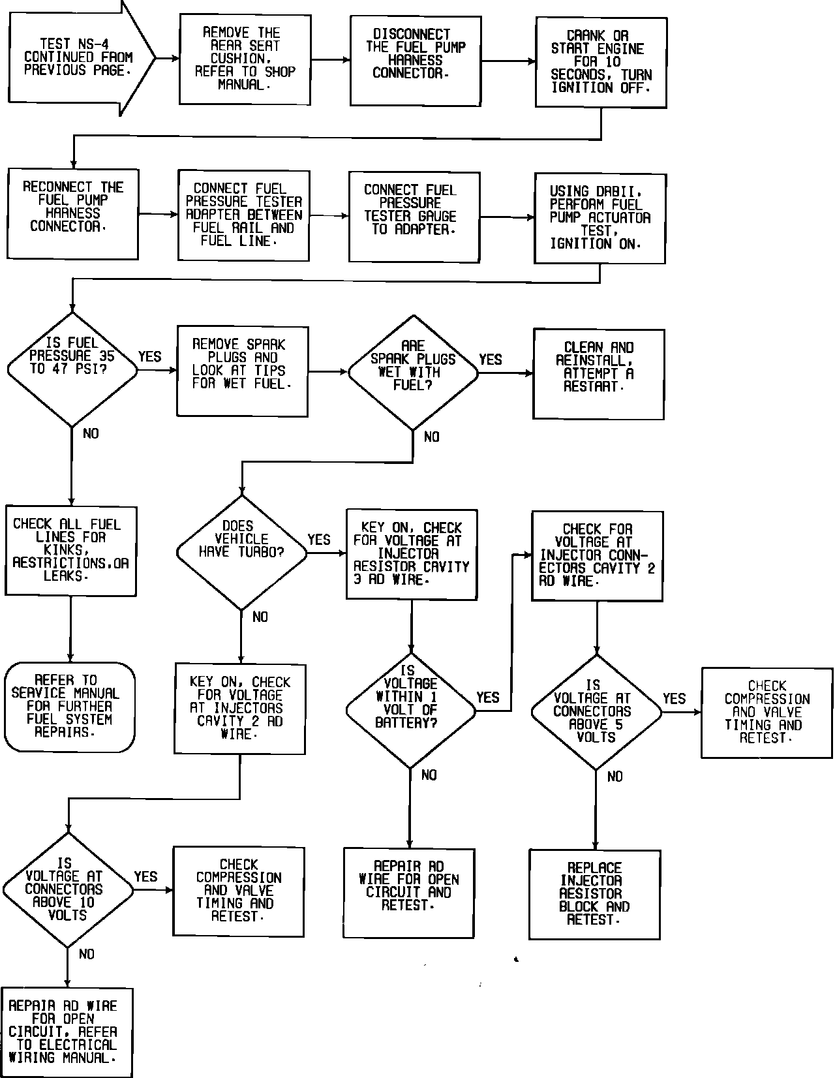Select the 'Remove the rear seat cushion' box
[245, 59]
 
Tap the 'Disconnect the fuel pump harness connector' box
[415, 60]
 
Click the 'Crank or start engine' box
[601, 62]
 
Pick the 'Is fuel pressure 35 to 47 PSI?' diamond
[72, 369]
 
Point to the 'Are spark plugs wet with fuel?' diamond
[412, 373]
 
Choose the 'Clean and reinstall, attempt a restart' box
[598, 374]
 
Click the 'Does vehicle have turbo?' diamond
[241, 552]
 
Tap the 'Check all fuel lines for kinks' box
[70, 550]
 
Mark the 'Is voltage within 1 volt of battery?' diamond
[410, 710]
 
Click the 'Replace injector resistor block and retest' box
[594, 894]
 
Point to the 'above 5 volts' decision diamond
[596, 712]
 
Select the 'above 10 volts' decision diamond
[67, 890]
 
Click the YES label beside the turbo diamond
[319, 540]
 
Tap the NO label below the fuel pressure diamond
[91, 434]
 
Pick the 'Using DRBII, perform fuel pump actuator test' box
[600, 218]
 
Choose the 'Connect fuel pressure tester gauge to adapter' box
[414, 216]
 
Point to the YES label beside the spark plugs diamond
[491, 360]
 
